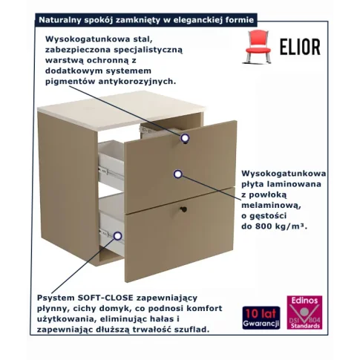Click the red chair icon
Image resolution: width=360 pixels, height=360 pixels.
[258, 46]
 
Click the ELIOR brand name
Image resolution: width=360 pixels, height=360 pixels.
[300, 47]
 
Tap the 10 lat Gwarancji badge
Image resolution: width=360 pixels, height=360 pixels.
[261, 318]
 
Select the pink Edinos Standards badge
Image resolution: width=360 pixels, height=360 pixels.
[304, 312]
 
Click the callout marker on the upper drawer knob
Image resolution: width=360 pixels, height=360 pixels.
[185, 137]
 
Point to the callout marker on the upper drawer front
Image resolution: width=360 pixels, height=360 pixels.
[177, 174]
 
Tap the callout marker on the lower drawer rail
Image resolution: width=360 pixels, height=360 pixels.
[118, 236]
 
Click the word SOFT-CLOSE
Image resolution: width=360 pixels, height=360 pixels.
[105, 298]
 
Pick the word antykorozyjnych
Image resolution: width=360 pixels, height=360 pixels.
[137, 82]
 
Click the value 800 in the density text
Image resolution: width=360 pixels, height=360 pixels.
[264, 226]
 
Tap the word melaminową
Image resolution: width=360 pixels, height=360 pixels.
[271, 206]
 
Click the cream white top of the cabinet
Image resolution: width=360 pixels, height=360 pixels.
[122, 109]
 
